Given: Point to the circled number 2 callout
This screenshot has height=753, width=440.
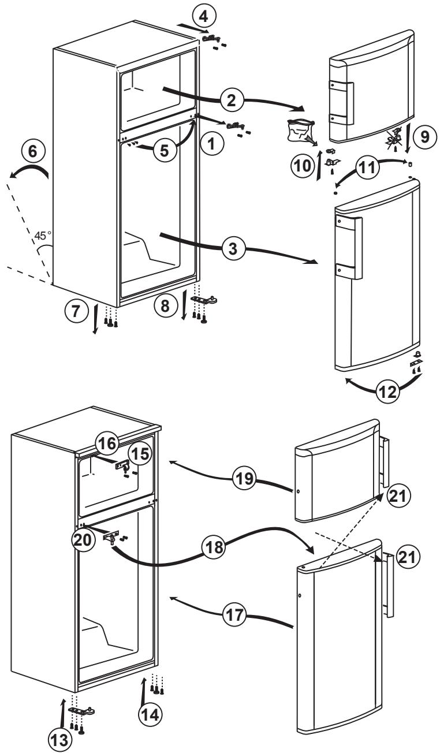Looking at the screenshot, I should click(232, 100).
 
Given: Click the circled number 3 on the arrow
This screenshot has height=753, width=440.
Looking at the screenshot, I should click(233, 249).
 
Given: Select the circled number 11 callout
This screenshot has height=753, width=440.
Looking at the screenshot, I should click(370, 168).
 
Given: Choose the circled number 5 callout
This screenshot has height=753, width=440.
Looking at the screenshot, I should click(166, 151).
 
